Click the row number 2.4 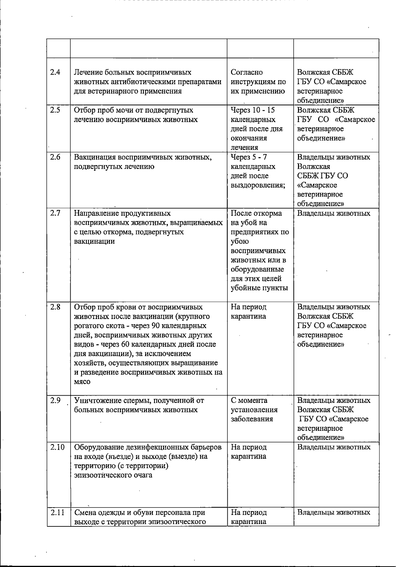(x=55, y=72)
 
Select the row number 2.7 (x=55, y=213)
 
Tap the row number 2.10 (x=58, y=447)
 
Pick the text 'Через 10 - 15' (x=253, y=110)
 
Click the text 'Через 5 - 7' (x=249, y=157)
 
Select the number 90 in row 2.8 (x=156, y=326)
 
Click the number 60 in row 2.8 (x=131, y=344)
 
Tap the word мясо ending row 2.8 (x=82, y=382)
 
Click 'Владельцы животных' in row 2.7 (x=334, y=213)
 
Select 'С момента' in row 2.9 (x=249, y=401)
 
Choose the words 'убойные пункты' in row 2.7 (x=259, y=288)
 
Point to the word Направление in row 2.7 (x=97, y=213)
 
